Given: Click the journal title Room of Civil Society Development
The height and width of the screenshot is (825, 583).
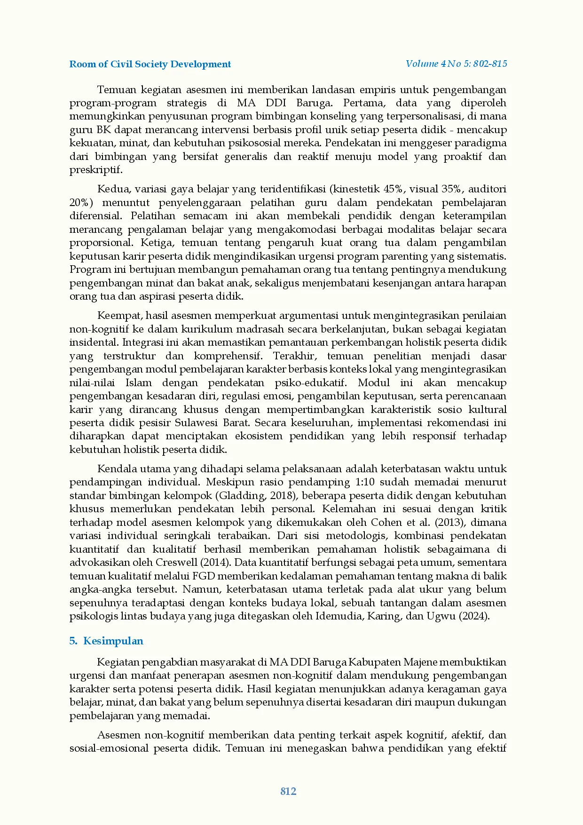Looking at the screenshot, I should [150, 64].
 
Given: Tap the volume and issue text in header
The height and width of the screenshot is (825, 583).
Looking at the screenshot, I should [456, 64].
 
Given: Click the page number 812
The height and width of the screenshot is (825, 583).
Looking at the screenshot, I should [288, 791].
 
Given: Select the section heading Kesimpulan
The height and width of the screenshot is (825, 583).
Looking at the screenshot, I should [113, 641].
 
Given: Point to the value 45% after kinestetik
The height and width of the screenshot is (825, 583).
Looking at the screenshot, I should [394, 189].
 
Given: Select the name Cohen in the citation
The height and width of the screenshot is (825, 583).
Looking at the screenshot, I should [386, 523].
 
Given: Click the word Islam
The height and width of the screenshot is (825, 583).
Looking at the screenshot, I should [139, 383].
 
